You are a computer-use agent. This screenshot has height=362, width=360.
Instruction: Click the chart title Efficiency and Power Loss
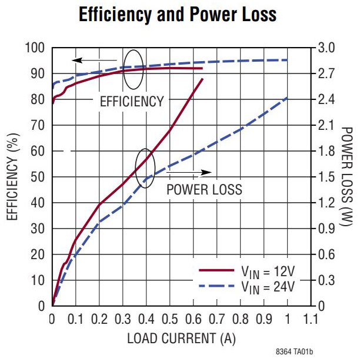178,15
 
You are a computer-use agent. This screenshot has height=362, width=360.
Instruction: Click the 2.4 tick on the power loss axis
327,99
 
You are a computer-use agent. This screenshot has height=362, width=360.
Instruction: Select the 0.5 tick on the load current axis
170,319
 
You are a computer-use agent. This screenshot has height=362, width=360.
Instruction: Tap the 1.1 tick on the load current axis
311,319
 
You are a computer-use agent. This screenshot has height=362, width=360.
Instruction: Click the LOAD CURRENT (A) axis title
181,339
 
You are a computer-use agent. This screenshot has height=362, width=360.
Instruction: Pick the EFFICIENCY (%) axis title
12,176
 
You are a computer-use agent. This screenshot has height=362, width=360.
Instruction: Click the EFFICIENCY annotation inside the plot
132,101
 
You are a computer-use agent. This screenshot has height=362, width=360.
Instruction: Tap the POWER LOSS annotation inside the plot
204,190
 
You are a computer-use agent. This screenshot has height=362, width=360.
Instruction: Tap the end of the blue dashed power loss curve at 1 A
287,98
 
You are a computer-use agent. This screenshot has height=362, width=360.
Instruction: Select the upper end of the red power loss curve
202,79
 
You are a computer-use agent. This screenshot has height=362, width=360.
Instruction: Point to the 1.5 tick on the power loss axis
327,177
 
